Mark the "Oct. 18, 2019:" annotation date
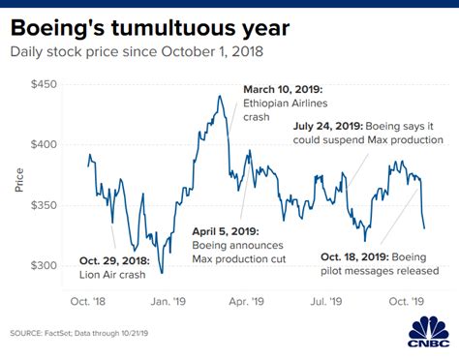pos(361,257)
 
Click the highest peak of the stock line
pos(221,96)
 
